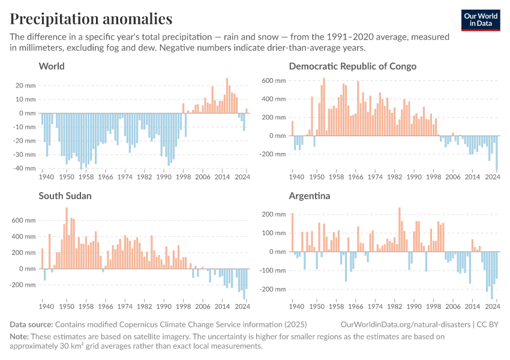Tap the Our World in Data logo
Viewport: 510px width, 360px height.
click(x=480, y=20)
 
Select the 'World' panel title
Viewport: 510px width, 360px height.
click(x=52, y=66)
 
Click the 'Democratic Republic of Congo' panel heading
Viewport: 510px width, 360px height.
click(x=352, y=66)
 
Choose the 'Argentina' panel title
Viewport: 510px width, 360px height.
click(x=310, y=196)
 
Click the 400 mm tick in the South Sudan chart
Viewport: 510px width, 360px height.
click(x=25, y=236)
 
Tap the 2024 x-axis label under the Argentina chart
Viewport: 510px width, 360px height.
click(x=493, y=307)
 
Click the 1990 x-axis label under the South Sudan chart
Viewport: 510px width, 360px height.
click(x=165, y=307)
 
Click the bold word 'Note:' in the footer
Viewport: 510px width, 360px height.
click(x=19, y=337)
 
